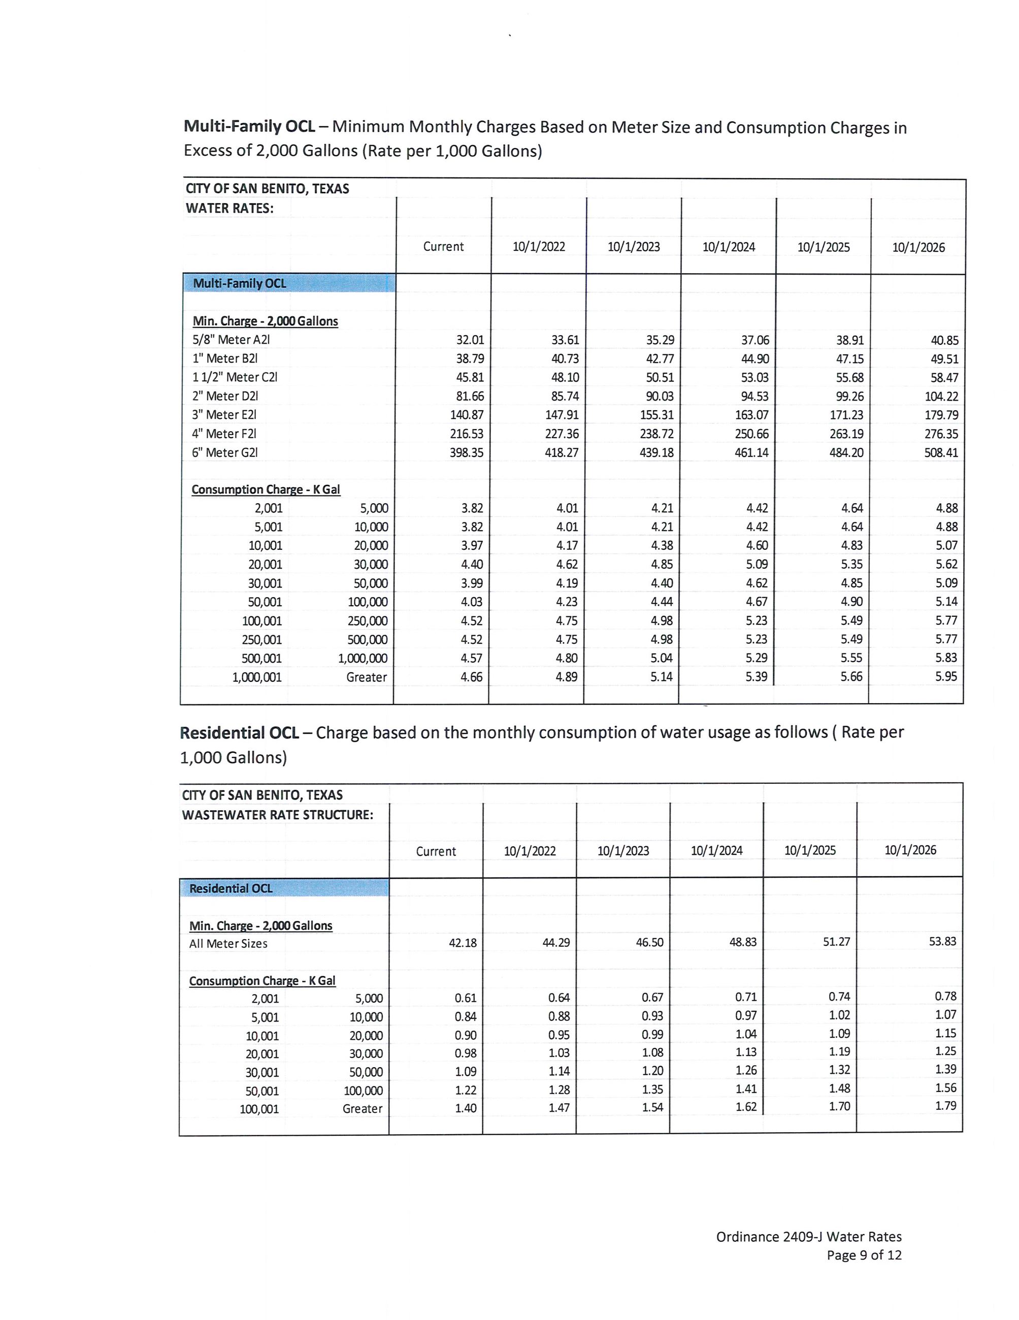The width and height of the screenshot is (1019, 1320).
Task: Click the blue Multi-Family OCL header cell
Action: click(289, 283)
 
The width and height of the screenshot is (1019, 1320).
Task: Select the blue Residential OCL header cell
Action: click(284, 888)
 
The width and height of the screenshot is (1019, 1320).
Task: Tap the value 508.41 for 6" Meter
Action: click(940, 452)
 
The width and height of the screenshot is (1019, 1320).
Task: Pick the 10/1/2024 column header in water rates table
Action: click(728, 247)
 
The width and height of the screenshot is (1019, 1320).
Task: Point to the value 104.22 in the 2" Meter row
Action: click(941, 397)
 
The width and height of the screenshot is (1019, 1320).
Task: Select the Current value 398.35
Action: click(466, 452)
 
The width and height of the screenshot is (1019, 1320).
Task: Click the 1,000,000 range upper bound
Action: click(363, 658)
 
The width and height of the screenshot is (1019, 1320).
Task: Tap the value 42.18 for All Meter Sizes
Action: click(463, 942)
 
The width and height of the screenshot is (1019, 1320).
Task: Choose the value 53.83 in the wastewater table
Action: click(942, 941)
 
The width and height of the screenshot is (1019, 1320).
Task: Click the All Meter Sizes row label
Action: click(228, 943)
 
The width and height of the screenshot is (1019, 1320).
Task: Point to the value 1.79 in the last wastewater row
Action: click(945, 1105)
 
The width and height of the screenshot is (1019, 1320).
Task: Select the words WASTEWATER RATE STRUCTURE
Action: click(277, 815)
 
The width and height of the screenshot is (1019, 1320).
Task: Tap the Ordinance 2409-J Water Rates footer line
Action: click(809, 1237)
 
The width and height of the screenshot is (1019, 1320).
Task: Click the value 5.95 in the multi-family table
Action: click(946, 676)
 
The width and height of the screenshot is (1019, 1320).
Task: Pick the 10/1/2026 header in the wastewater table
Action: click(910, 850)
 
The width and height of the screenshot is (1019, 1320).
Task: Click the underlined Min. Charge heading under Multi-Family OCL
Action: click(265, 321)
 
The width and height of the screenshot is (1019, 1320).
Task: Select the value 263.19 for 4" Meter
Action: click(846, 434)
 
